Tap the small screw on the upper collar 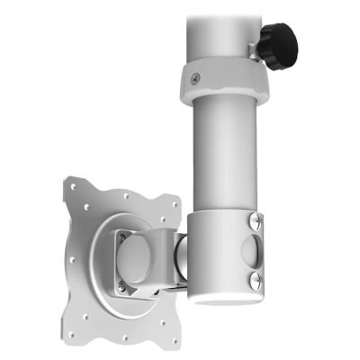[x=193, y=78]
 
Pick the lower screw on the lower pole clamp [x=255, y=281]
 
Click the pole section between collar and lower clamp [x=225, y=153]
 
